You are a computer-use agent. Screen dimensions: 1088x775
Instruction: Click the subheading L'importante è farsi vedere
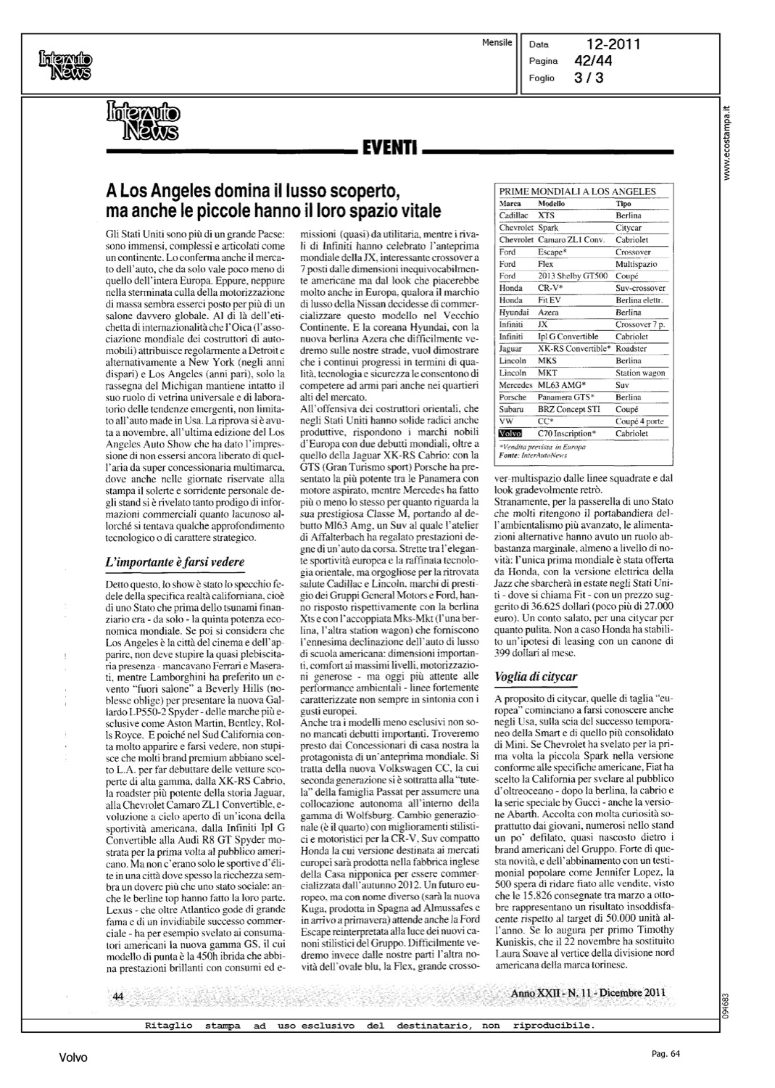coord(175,562)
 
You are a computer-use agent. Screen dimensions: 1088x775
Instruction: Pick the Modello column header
coord(552,204)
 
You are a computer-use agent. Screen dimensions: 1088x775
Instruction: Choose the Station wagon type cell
coord(639,373)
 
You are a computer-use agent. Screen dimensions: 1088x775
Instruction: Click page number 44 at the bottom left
coord(118,997)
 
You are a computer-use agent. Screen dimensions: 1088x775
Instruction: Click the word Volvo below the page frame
coord(73,1058)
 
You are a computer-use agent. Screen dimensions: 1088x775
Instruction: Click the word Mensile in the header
coord(497,43)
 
